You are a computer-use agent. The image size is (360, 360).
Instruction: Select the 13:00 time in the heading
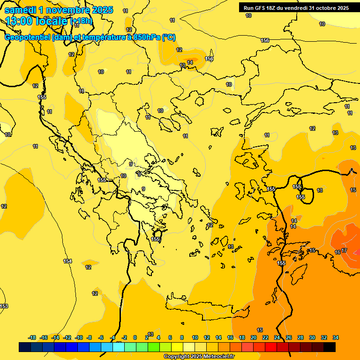click(x=20, y=21)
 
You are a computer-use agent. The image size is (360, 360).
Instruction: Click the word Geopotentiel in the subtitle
click(x=27, y=37)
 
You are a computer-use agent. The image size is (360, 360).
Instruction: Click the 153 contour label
click(x=4, y=306)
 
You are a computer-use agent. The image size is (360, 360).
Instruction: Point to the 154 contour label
click(x=67, y=261)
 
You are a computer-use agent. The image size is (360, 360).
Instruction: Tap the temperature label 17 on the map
click(x=344, y=251)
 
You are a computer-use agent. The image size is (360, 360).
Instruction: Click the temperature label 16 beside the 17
click(x=337, y=253)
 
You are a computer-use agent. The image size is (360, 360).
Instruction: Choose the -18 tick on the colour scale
click(x=32, y=337)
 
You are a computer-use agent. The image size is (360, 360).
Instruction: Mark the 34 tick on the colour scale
click(x=336, y=337)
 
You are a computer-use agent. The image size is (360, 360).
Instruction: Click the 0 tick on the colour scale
click(x=135, y=337)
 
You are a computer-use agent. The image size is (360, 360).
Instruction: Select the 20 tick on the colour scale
click(x=253, y=337)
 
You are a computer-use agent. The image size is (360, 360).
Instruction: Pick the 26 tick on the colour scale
click(x=289, y=337)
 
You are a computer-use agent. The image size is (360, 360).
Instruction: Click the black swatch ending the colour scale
click(x=330, y=347)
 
